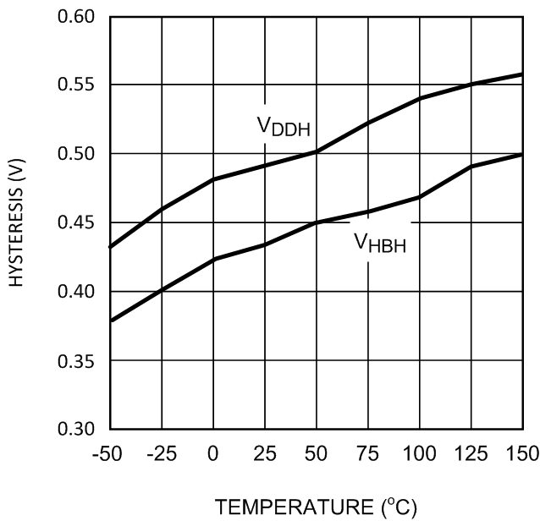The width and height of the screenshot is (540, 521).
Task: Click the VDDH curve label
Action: click(284, 128)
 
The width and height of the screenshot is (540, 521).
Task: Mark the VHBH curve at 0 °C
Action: click(213, 259)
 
